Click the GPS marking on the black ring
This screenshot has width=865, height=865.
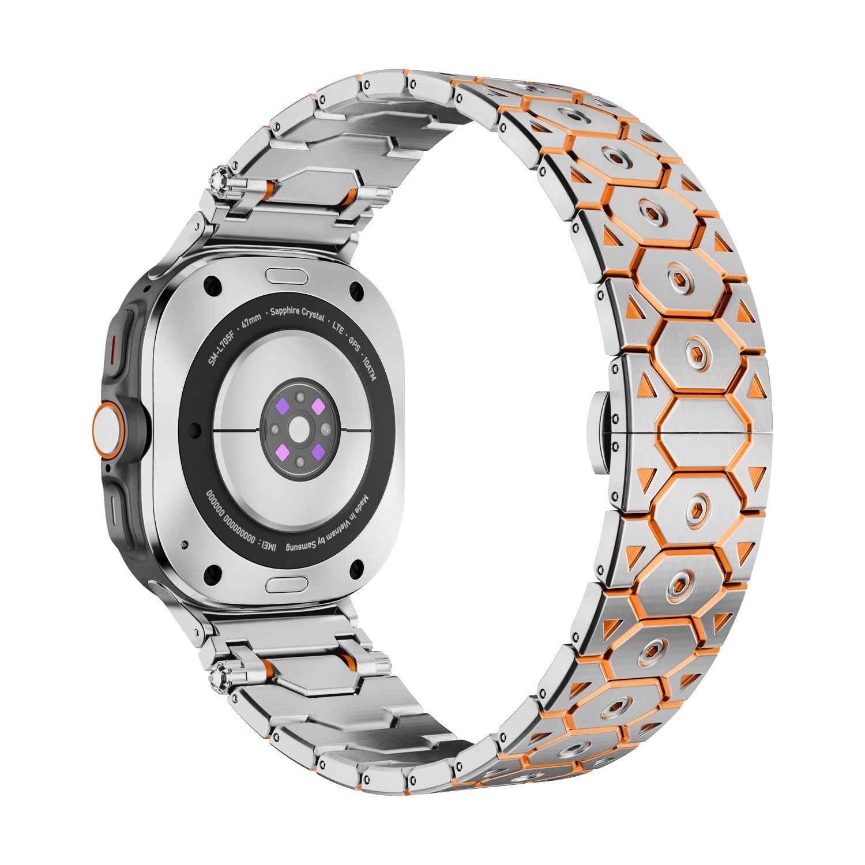pyautogui.click(x=352, y=341)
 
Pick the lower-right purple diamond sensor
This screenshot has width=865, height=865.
pyautogui.click(x=318, y=450)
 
